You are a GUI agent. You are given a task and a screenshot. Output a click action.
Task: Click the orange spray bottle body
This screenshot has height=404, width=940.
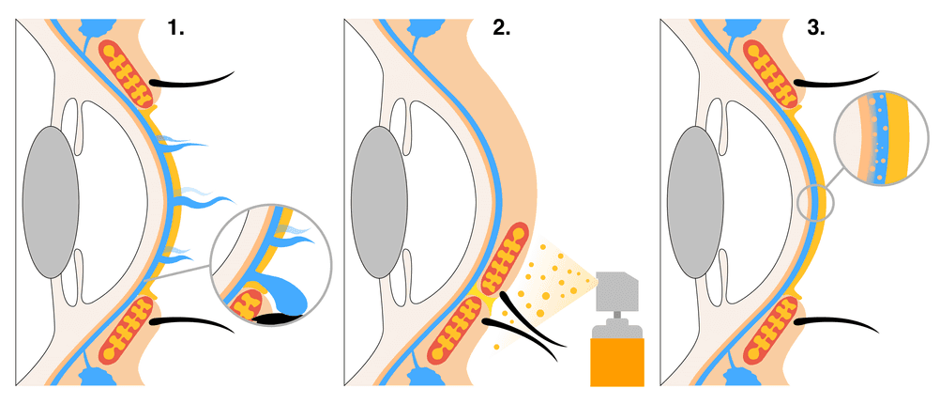[616, 362]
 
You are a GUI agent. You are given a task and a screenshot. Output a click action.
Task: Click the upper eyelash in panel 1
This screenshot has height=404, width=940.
[197, 81]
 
